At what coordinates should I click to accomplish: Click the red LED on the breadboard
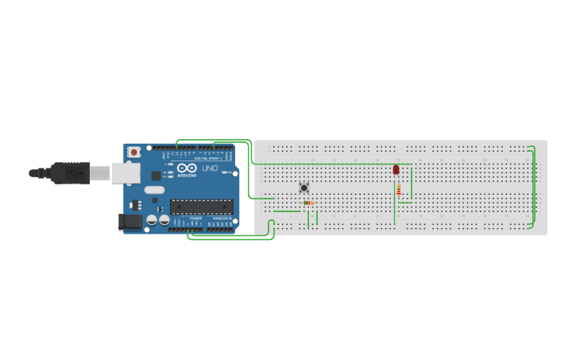[396, 169]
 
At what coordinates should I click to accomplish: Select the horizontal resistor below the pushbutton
[308, 203]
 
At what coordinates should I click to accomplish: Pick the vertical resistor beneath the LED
[398, 190]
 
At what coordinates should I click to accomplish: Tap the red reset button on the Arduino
[134, 151]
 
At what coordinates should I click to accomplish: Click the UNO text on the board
[210, 168]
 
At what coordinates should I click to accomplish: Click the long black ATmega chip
[201, 207]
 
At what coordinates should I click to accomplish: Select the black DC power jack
[129, 222]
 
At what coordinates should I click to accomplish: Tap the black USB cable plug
[72, 172]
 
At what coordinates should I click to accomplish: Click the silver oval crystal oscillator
[154, 190]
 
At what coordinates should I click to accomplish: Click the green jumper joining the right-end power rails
[534, 187]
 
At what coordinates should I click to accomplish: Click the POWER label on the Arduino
[195, 218]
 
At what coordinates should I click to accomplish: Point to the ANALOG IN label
[221, 218]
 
